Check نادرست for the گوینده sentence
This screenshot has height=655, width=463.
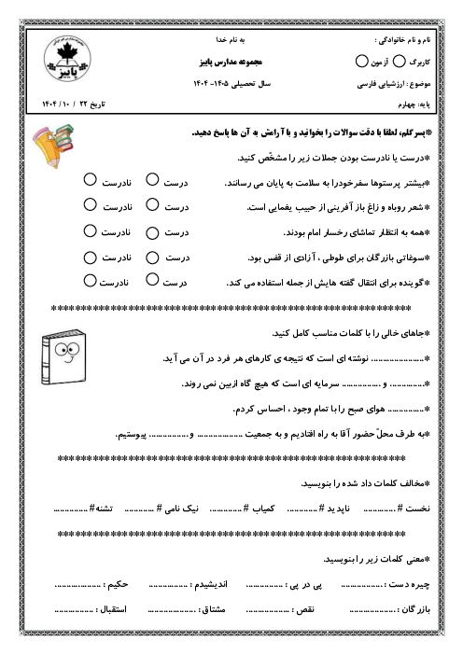pyautogui.click(x=88, y=279)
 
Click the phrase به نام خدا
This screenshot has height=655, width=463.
pyautogui.click(x=230, y=42)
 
